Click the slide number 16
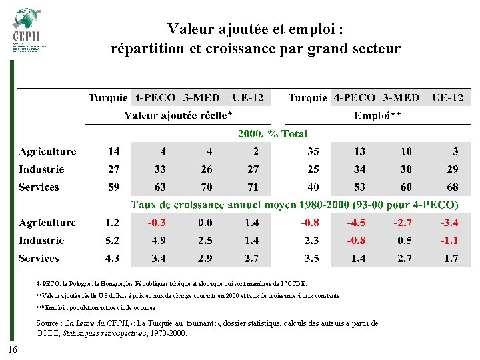pos(13,351)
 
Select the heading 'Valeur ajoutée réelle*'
pos(179,116)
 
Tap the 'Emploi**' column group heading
pos(377,116)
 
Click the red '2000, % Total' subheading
pos(273,134)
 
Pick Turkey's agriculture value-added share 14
pos(114,151)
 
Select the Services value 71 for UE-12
pos(251,187)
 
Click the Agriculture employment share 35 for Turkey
pos(313,151)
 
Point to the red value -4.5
pos(359,223)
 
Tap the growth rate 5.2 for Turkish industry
pos(113,241)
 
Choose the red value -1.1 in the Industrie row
pos(451,241)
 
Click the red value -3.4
pos(451,223)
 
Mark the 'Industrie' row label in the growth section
pos(41,241)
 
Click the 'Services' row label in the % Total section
pos(39,187)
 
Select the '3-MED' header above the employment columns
pos(401,97)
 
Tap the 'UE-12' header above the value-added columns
pos(248,97)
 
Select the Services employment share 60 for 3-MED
pos(406,187)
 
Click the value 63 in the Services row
pos(160,187)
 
